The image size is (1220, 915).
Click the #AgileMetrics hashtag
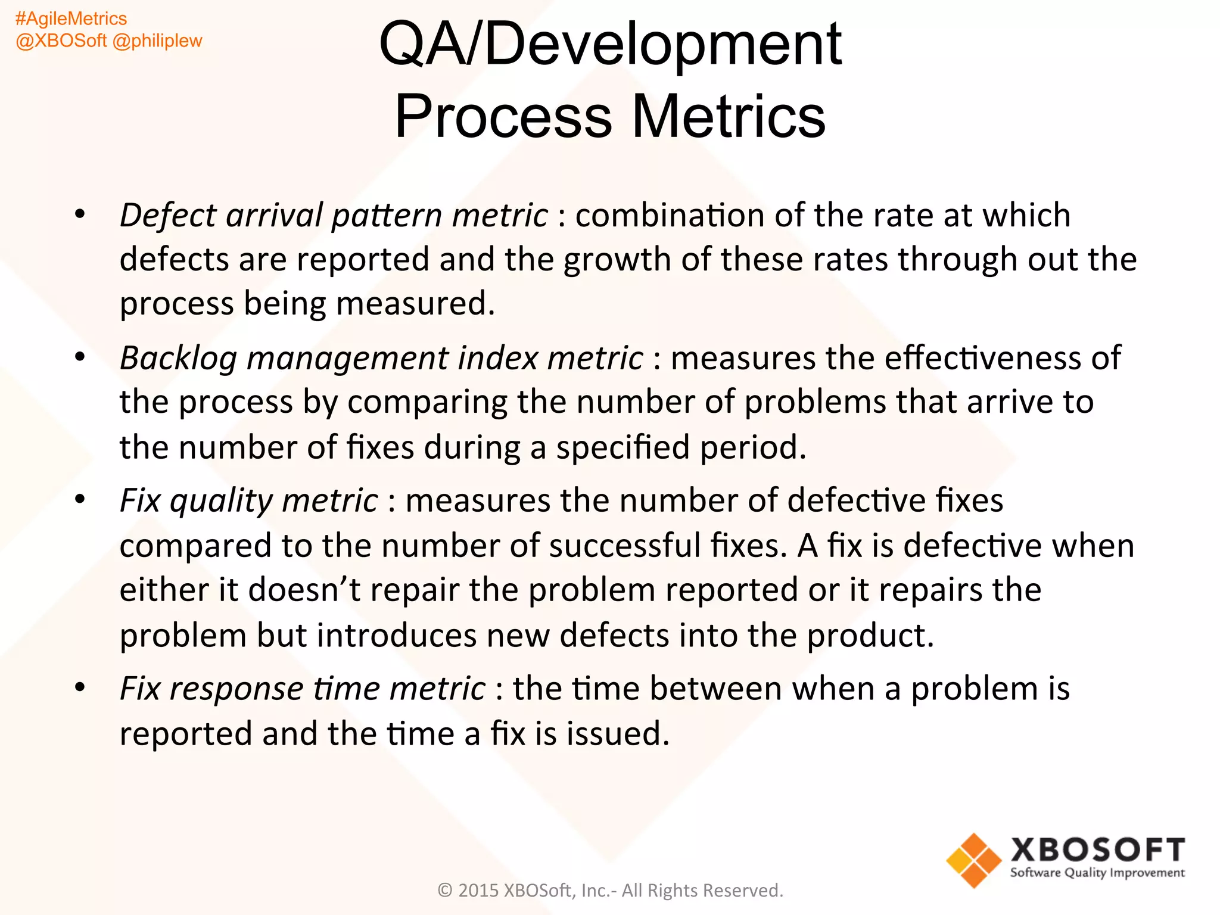coord(71,19)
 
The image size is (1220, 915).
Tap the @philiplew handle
coord(157,41)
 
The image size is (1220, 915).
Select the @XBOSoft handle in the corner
coord(61,41)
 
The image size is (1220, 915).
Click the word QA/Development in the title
coord(610,44)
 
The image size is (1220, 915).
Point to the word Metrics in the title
coord(728,116)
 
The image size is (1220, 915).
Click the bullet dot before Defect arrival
coord(80,214)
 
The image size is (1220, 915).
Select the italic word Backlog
coord(178,359)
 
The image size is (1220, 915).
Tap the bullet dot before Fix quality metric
coord(80,499)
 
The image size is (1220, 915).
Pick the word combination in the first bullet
coord(670,215)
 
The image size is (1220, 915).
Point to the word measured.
coord(415,304)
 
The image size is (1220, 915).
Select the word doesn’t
coord(304,590)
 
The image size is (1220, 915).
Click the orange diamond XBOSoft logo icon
coord(973,860)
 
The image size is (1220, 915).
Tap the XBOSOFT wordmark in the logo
coord(1097,850)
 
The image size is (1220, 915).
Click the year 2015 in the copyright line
coord(478,890)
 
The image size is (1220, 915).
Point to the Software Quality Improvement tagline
coord(1097,873)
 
